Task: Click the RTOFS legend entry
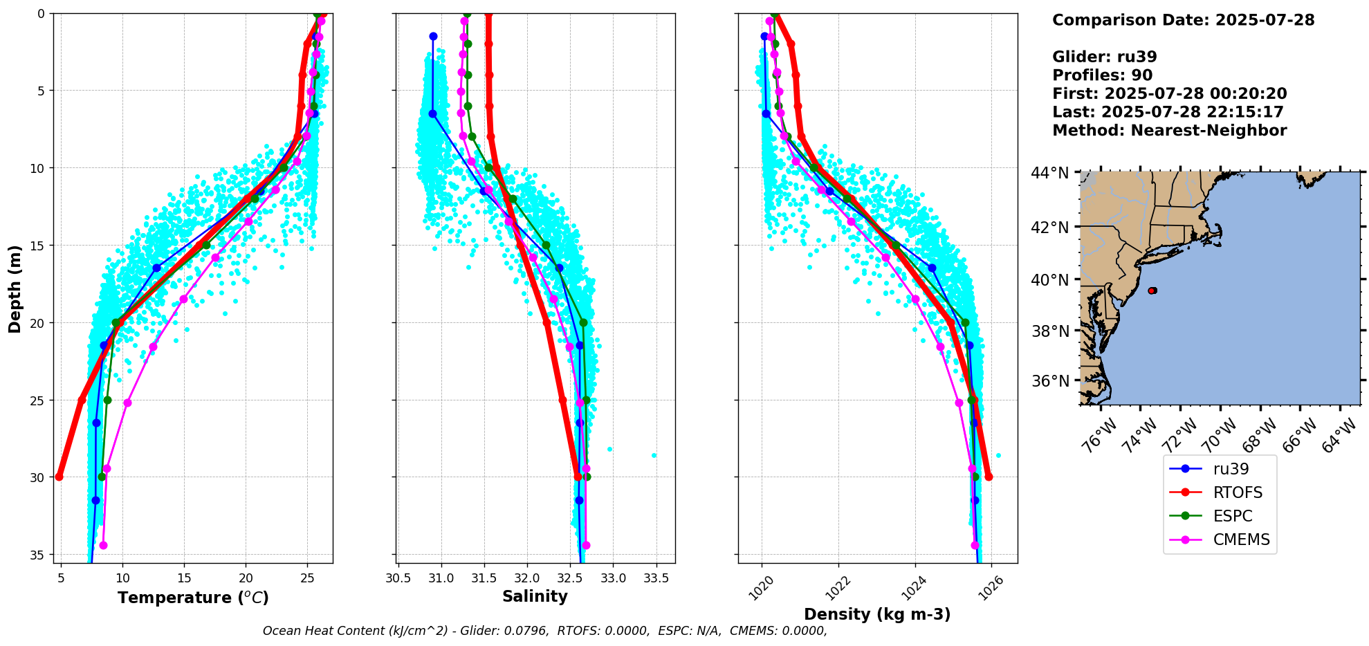[1237, 492]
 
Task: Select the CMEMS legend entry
[1241, 539]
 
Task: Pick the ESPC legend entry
[1233, 516]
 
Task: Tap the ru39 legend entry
[1231, 469]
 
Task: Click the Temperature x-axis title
[193, 598]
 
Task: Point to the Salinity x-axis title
[535, 596]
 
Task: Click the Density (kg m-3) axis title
[877, 614]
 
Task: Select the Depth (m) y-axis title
[15, 288]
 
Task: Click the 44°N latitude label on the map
[1049, 173]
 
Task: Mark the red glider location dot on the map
[1152, 290]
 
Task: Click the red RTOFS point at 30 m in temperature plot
[59, 477]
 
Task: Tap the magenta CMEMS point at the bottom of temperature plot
[103, 545]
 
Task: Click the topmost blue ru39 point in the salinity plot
[433, 36]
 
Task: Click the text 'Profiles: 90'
[1102, 75]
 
